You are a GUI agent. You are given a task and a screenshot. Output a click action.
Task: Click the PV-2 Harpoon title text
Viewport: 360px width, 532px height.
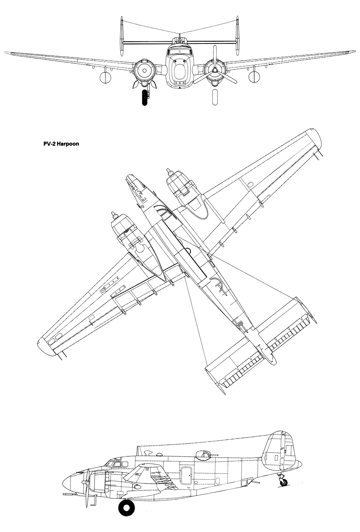pos(61,144)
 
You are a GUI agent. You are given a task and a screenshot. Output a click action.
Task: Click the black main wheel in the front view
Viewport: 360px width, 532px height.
pos(145,97)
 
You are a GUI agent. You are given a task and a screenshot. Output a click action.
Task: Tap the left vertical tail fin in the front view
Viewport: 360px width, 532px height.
pos(122,37)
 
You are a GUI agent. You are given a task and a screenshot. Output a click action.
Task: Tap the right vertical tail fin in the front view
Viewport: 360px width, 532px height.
pos(237,37)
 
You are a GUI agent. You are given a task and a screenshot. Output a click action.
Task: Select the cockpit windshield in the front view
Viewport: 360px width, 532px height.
pos(179,51)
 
